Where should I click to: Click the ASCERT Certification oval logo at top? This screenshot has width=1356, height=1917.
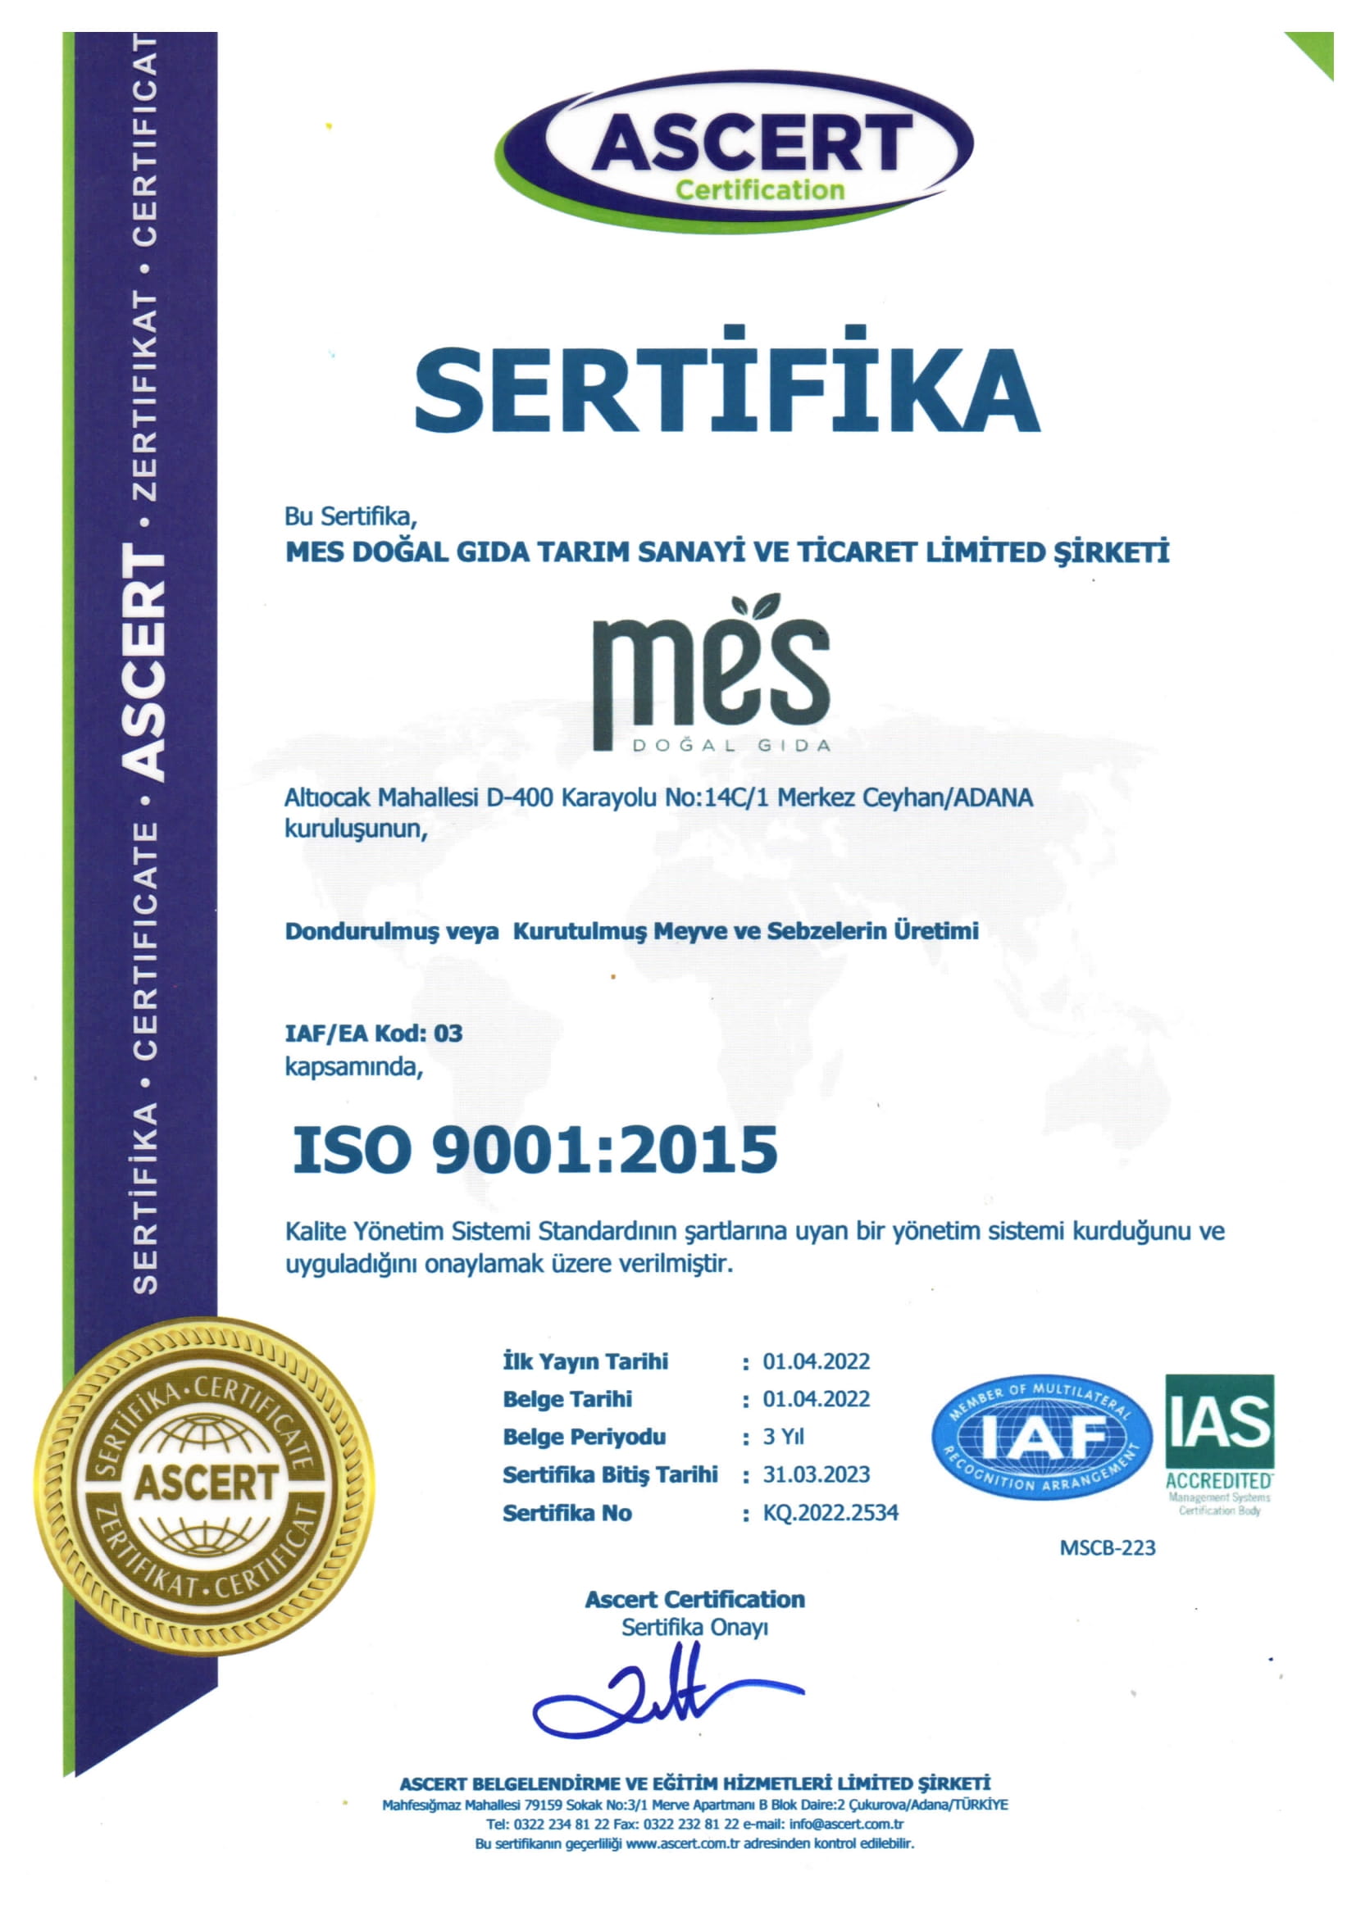(x=738, y=151)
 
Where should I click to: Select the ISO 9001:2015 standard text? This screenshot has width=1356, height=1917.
(x=535, y=1150)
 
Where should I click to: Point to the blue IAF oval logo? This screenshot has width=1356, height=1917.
(x=1041, y=1436)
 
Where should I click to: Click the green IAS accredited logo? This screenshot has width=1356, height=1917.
(x=1219, y=1443)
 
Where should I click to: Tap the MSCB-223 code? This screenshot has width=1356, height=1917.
(x=1107, y=1548)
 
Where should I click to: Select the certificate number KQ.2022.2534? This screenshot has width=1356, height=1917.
(x=830, y=1513)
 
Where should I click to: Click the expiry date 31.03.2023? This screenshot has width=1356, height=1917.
(x=816, y=1474)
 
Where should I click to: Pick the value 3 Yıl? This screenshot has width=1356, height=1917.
(x=783, y=1437)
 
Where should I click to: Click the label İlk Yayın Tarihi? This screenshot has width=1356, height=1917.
(x=585, y=1362)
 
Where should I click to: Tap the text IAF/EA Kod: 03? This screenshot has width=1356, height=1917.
(x=373, y=1033)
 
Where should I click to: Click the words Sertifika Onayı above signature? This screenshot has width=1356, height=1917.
(x=694, y=1628)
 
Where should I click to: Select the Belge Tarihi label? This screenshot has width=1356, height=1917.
(x=567, y=1399)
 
